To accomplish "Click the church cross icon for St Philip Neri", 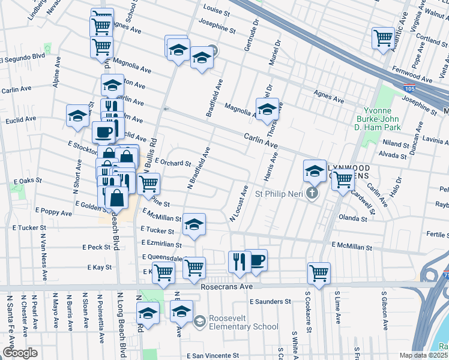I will (311, 193).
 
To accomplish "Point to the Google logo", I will (20, 353).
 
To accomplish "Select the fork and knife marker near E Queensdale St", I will (238, 260).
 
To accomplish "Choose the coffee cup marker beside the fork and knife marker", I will (256, 259).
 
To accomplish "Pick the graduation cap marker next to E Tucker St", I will (194, 224).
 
